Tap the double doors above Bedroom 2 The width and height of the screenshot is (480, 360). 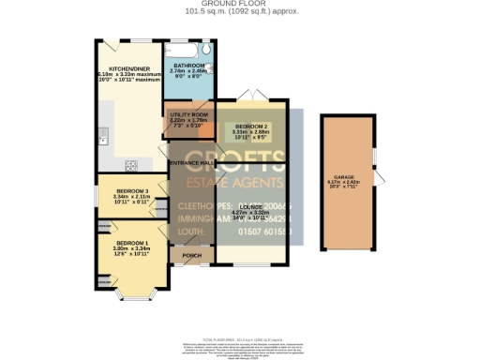250,97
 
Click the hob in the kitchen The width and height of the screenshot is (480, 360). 131,166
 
